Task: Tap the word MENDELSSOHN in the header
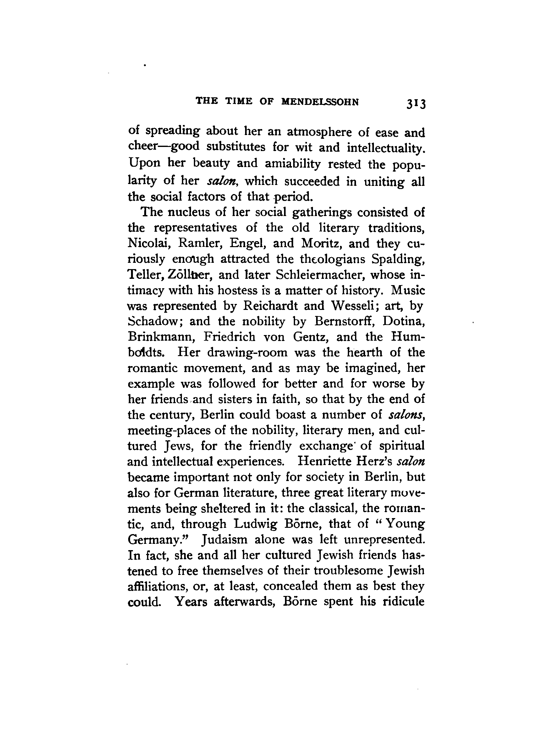[x=320, y=102]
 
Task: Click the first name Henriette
[x=323, y=462]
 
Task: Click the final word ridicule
[x=403, y=602]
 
